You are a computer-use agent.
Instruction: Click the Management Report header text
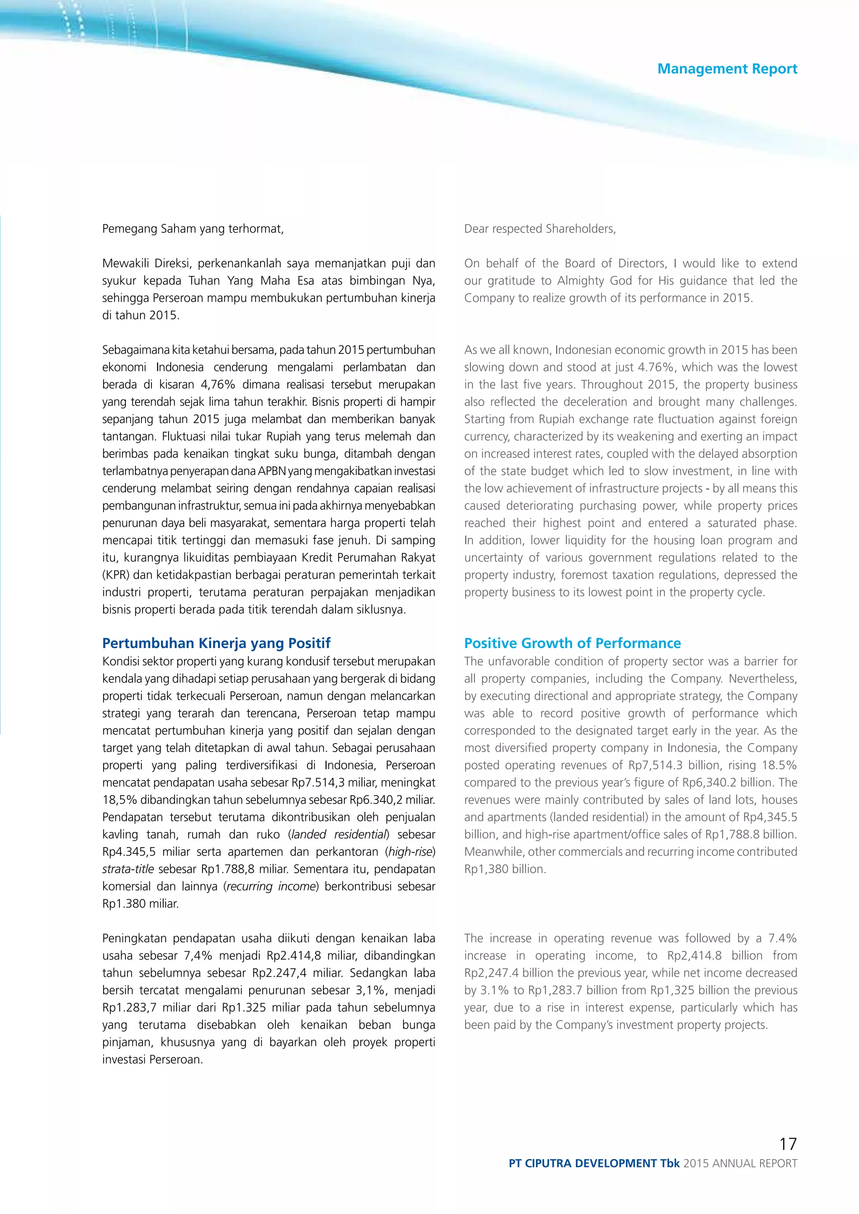727,69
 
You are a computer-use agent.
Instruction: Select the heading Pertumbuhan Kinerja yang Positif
216,643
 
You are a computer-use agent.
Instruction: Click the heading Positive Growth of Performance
572,643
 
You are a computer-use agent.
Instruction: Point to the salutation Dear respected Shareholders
539,229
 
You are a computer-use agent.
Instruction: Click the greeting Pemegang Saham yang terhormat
193,229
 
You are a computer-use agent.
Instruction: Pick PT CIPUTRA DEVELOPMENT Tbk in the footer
593,1163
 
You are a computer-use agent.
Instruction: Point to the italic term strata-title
128,869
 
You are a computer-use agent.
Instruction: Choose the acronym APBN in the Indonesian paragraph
272,471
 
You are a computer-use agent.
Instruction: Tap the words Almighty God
594,281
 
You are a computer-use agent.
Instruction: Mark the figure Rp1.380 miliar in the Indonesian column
140,904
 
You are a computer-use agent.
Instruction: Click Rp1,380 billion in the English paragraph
504,869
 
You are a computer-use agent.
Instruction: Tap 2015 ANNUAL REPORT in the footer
739,1163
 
